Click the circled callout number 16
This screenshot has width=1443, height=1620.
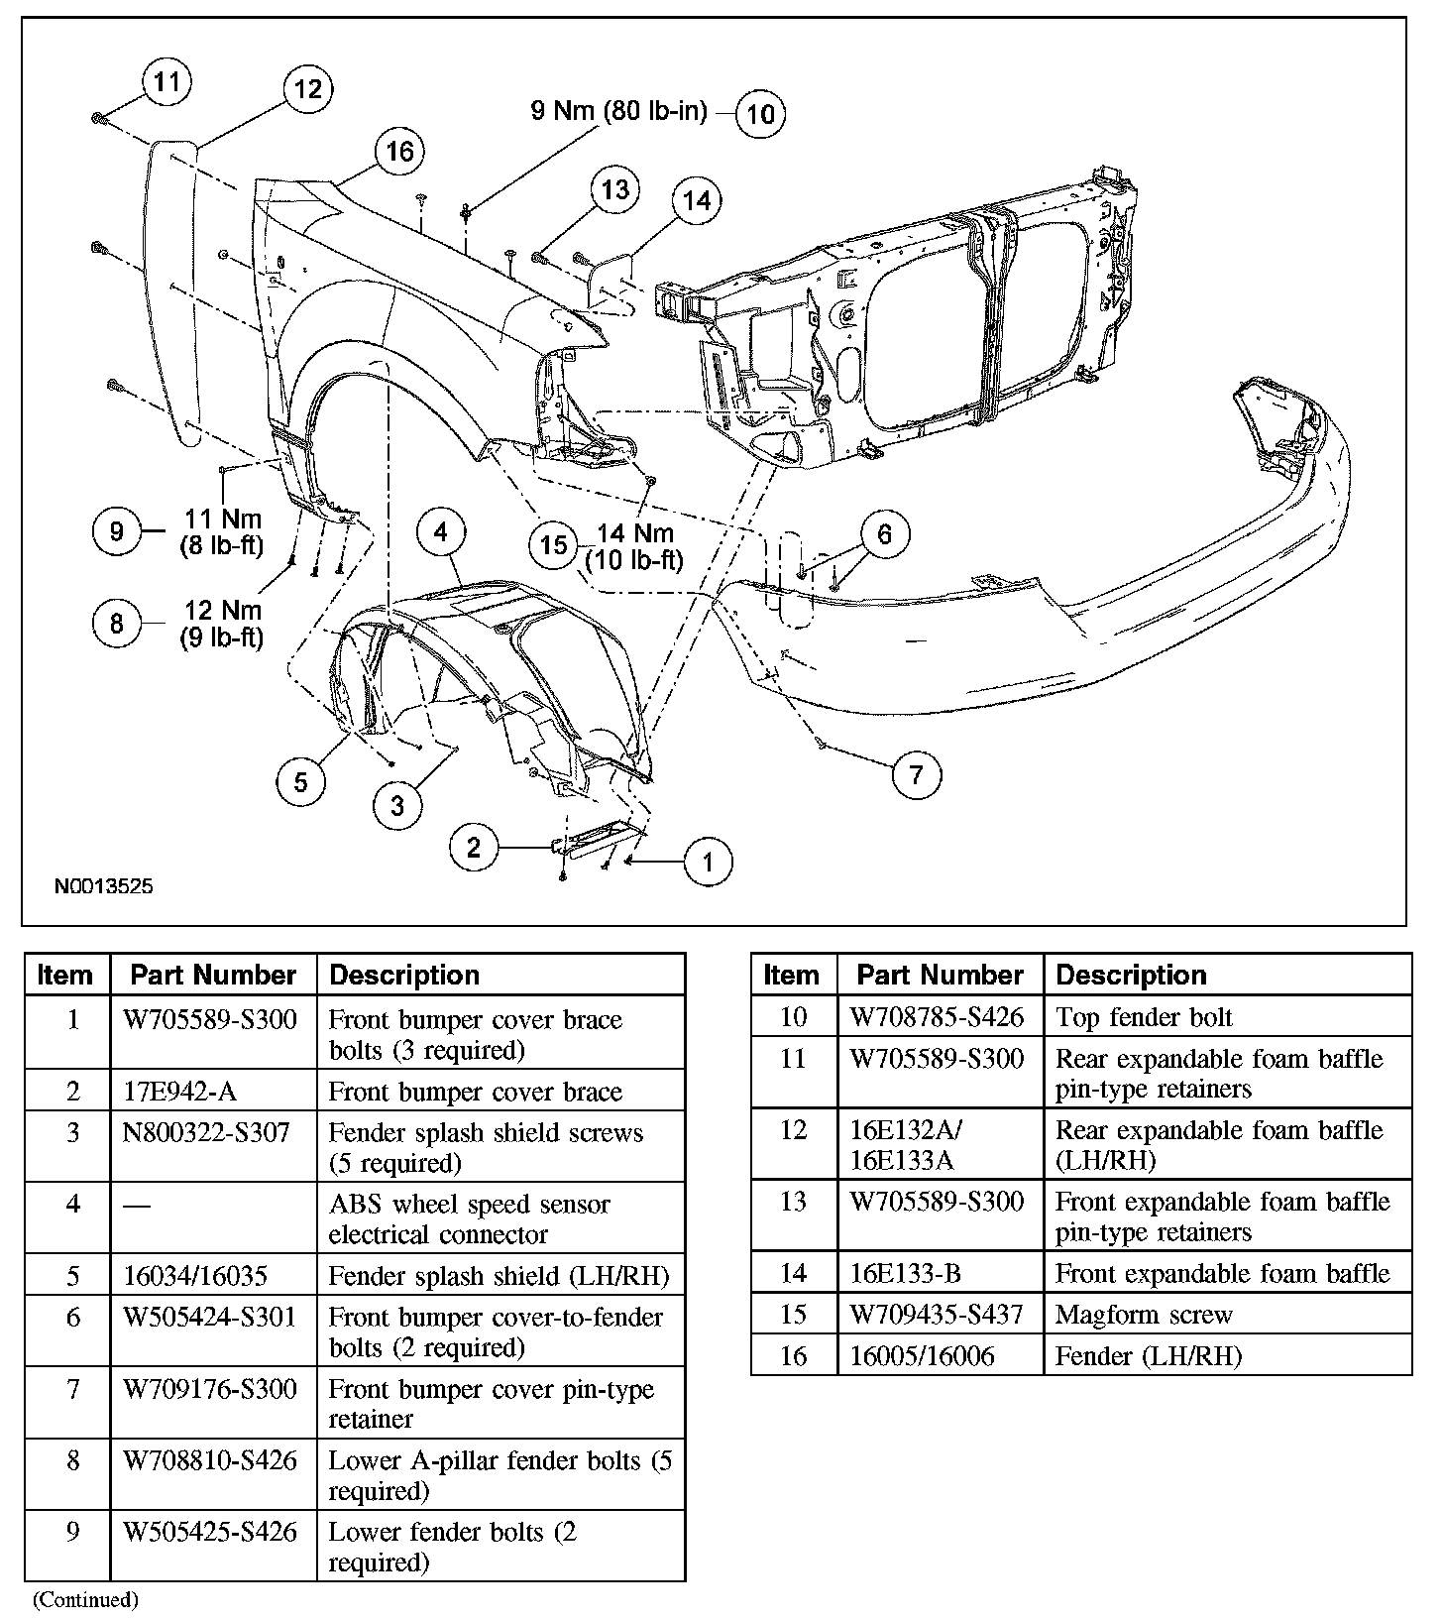pos(399,152)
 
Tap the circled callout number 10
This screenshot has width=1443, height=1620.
pos(760,114)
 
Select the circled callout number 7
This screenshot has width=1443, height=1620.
pos(916,773)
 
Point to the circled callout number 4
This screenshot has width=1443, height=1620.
pos(440,532)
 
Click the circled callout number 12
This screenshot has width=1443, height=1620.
pos(308,89)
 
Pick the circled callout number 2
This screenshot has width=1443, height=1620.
pos(474,848)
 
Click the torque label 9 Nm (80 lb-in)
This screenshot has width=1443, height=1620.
pos(618,110)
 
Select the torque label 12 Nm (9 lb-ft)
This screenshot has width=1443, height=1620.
pos(222,624)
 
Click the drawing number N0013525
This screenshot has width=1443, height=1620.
pos(104,886)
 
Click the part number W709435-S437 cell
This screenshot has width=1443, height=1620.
pos(939,1315)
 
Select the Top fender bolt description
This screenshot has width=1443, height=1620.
pos(1144,1017)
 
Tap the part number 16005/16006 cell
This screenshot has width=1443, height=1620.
pos(923,1356)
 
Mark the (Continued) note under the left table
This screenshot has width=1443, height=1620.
pos(85,1599)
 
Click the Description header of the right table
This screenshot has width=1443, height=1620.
pos(1131,975)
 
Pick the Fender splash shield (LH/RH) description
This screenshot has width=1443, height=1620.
pos(499,1276)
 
